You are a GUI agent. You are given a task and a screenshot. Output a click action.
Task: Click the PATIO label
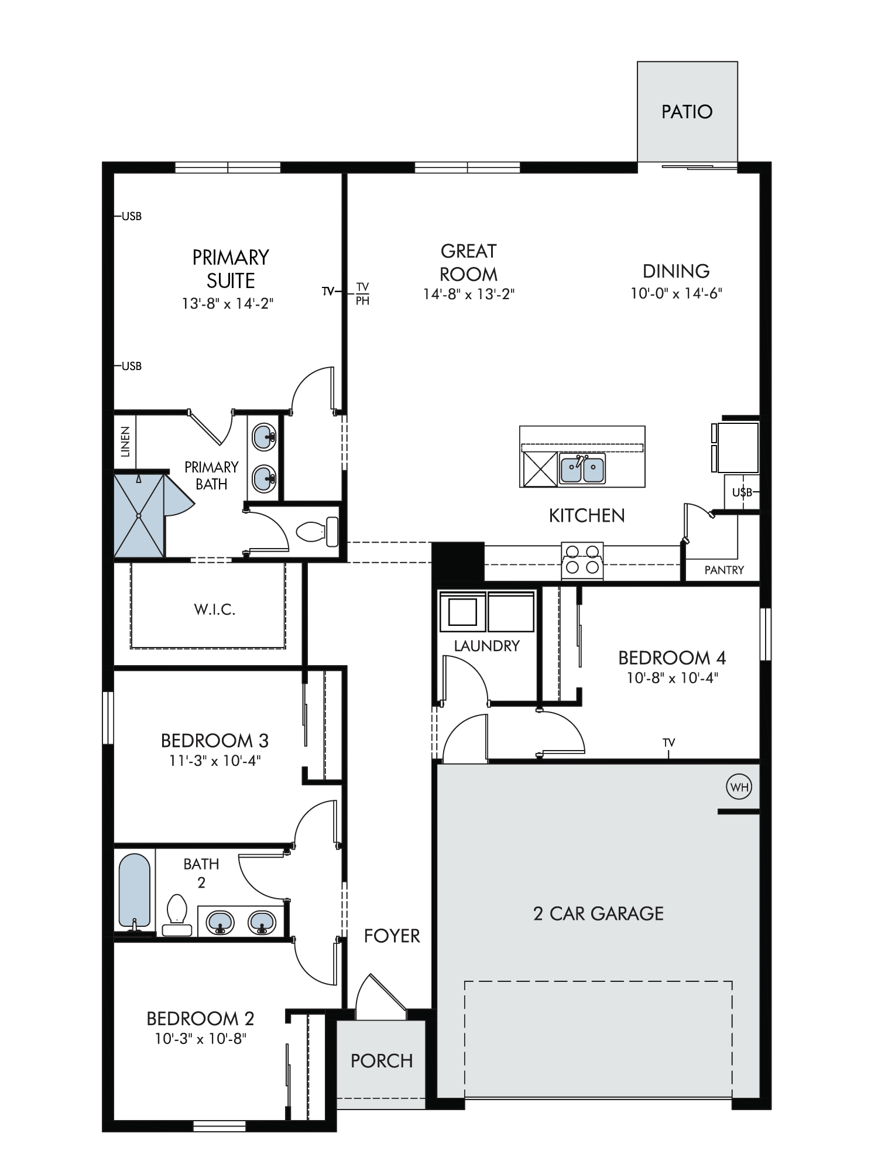[x=687, y=112]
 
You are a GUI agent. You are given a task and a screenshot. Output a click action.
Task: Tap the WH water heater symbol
[x=739, y=787]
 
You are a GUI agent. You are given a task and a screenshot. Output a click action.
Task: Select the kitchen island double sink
[x=582, y=468]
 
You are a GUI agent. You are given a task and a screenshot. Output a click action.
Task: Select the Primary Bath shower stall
[x=139, y=515]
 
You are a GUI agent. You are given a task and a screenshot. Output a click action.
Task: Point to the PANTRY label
[x=724, y=570]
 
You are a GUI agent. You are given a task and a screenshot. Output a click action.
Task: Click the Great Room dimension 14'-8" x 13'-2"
[x=469, y=294]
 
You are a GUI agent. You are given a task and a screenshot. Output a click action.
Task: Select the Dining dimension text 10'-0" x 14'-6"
[x=676, y=293]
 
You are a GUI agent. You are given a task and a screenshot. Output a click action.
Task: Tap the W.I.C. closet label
[x=215, y=610]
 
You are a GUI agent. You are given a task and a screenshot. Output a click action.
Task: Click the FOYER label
[x=392, y=936]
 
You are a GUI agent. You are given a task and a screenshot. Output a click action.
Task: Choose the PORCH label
[x=382, y=1060]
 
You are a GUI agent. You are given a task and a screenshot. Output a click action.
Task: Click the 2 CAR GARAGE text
[x=598, y=913]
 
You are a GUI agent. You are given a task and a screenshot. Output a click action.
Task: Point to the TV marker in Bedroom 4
[x=668, y=742]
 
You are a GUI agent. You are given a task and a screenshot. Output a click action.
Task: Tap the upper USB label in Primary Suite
[x=132, y=216]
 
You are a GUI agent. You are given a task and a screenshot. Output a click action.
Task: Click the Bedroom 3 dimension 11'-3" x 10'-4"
[x=215, y=761]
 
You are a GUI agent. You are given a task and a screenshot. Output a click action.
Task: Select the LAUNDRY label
[x=487, y=646]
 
